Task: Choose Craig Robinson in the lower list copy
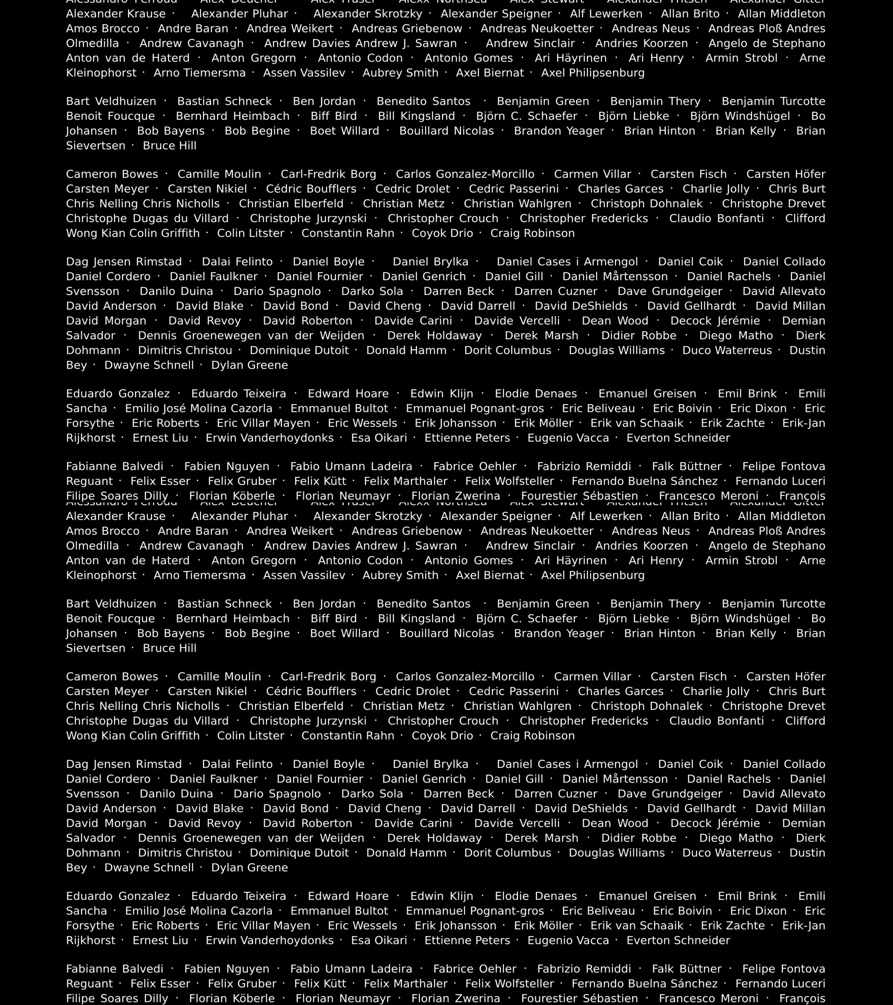tap(532, 736)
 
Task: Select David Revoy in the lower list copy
tap(204, 823)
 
